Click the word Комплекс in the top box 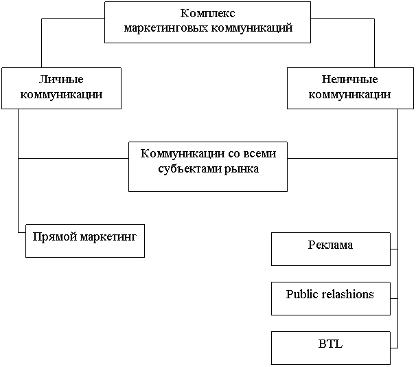[207, 14]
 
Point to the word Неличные [350, 80]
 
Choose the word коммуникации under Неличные [350, 94]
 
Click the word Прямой [55, 237]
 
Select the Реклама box [330, 249]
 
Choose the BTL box [330, 348]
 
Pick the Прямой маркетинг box [85, 241]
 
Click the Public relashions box [330, 298]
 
